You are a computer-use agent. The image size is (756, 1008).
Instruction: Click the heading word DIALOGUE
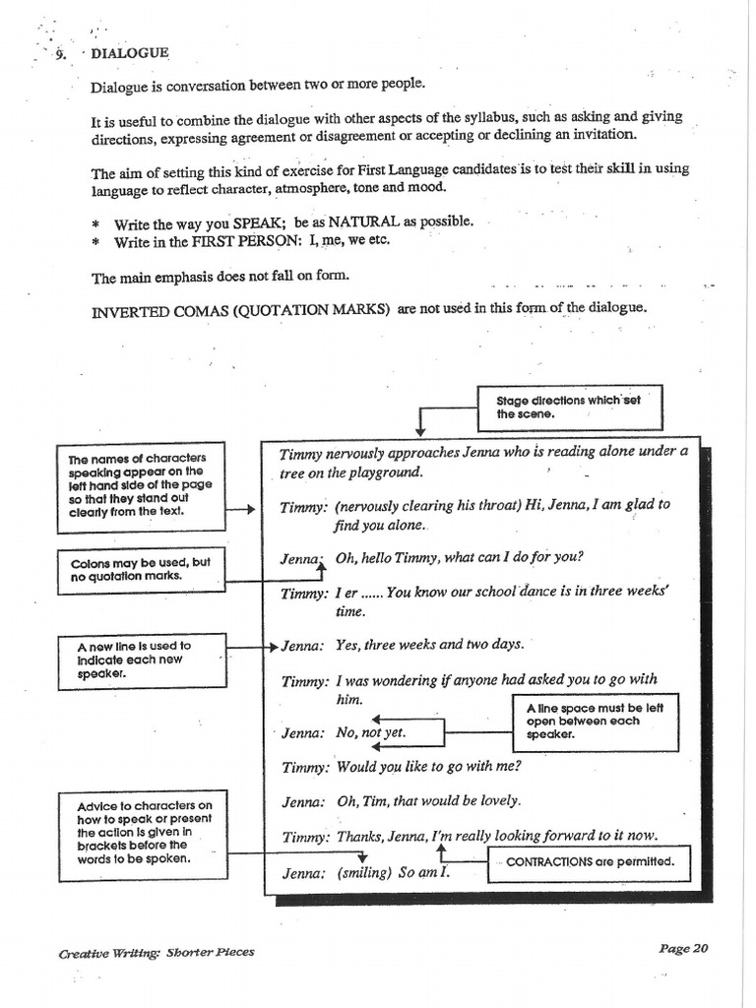click(x=130, y=53)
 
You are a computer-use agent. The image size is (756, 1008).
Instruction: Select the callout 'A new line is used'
click(x=141, y=661)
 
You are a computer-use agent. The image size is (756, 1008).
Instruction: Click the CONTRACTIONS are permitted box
click(x=590, y=861)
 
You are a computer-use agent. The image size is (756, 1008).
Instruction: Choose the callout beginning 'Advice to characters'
click(x=143, y=832)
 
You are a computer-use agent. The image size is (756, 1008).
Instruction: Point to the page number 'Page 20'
click(x=683, y=949)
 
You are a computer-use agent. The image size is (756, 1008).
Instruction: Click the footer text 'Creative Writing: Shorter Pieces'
click(x=156, y=952)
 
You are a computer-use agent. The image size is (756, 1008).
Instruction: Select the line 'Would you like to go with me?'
click(x=428, y=767)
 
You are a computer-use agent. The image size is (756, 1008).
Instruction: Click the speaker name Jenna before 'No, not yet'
click(x=301, y=733)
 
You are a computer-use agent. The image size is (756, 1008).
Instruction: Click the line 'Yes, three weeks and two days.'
click(x=429, y=646)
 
